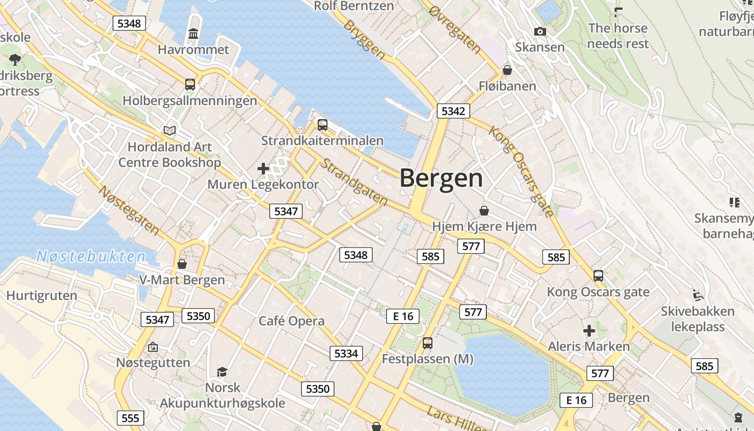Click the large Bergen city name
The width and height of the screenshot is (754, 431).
coord(441,178)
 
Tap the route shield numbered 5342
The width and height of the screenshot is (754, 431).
coord(453,111)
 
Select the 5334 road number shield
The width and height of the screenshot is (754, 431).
coord(346,353)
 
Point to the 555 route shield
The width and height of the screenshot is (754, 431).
coord(130,418)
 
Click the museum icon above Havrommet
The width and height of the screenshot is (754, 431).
coord(193,34)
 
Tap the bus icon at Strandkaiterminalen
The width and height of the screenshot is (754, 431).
coord(323,125)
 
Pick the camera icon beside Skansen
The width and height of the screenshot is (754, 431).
coord(540,32)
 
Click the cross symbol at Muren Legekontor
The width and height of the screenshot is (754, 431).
coord(263,169)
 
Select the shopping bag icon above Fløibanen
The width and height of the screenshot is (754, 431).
coord(507,70)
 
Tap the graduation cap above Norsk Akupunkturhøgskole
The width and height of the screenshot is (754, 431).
coord(222,372)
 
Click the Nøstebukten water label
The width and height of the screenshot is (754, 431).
coord(91,256)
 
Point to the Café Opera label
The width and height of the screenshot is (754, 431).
coord(291,321)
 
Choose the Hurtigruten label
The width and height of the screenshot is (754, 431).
coord(41,295)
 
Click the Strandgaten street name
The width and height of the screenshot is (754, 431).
coord(353,182)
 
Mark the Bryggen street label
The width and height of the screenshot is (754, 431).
coord(365,40)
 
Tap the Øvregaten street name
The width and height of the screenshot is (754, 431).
coord(455,30)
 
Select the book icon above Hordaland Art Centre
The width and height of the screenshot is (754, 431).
coord(170,130)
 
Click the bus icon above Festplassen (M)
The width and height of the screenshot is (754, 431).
coord(428,343)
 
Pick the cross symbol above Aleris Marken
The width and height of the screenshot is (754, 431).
coord(589,330)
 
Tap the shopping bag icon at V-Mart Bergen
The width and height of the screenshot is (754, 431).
coord(182,264)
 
